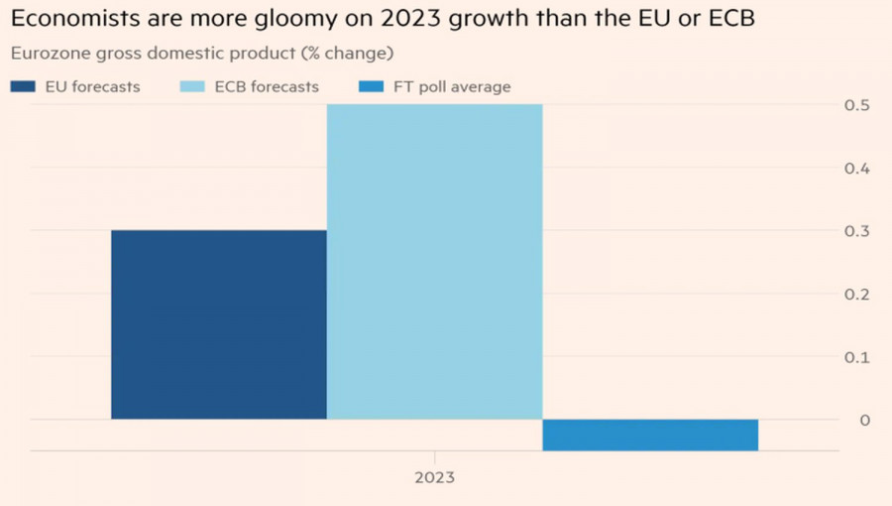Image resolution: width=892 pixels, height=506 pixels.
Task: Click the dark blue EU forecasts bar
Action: click(x=218, y=324)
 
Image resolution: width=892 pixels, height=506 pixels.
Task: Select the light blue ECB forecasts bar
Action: click(x=434, y=262)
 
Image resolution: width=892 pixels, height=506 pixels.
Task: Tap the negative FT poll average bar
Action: click(x=650, y=435)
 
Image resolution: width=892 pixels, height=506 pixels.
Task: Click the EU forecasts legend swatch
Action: click(x=24, y=87)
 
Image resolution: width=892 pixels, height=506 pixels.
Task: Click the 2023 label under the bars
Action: click(x=434, y=477)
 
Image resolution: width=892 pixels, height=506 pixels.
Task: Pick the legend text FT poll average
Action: click(x=452, y=87)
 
